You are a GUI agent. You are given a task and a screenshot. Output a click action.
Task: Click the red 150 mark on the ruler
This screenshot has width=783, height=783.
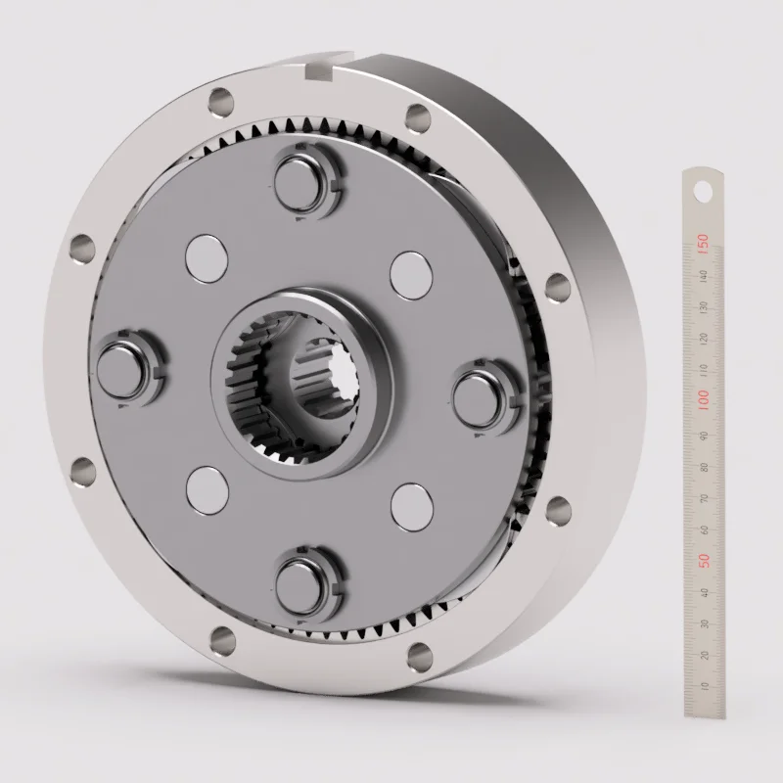(x=702, y=241)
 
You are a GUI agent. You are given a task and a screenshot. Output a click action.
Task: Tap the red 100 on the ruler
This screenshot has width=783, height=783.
(x=702, y=400)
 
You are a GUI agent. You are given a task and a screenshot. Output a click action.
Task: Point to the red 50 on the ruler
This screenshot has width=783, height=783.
(x=702, y=560)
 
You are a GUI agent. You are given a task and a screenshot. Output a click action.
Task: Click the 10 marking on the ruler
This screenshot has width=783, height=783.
(x=703, y=686)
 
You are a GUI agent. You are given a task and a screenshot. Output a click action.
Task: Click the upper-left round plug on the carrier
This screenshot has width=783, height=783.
(x=205, y=257)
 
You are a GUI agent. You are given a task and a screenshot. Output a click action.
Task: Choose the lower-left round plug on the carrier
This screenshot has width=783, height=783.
(x=207, y=488)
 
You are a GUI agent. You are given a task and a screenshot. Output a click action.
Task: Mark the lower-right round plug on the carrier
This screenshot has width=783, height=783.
(x=410, y=506)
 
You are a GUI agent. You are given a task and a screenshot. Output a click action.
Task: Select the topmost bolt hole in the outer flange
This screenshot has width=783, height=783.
(x=221, y=100)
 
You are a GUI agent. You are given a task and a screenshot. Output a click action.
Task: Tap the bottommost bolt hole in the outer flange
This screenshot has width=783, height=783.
(x=221, y=641)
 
